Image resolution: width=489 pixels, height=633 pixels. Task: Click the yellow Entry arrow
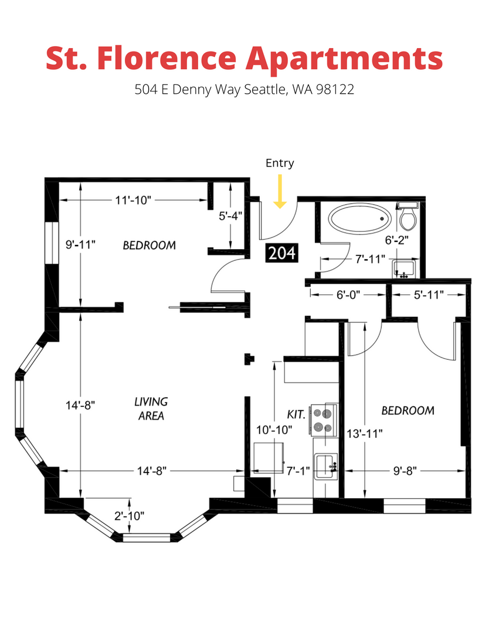(x=280, y=191)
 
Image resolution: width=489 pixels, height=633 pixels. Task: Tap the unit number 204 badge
(x=282, y=253)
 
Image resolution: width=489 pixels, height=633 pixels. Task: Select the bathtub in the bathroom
(x=360, y=219)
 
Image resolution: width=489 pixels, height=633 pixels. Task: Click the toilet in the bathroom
(x=408, y=215)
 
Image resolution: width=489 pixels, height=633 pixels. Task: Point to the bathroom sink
(x=404, y=269)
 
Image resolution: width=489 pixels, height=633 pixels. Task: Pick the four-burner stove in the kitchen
(x=324, y=420)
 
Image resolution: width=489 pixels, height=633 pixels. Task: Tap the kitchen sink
(x=326, y=466)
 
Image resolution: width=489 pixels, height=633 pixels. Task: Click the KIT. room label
(x=296, y=414)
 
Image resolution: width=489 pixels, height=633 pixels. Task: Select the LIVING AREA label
(x=151, y=409)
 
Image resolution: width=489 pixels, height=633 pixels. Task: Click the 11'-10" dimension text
(x=133, y=200)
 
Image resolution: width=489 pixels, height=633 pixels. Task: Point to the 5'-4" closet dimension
(x=230, y=216)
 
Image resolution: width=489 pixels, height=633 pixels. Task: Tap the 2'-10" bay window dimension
(x=129, y=516)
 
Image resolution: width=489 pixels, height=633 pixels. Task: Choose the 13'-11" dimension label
(x=365, y=434)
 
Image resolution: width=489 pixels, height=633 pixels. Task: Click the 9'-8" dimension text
(x=405, y=471)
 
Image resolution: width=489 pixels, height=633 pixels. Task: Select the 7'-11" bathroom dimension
(x=370, y=259)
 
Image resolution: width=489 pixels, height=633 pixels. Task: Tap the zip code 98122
(x=335, y=89)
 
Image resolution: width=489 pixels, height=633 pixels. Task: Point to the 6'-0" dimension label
(x=348, y=295)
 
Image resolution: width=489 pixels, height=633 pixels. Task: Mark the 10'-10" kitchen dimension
(x=274, y=430)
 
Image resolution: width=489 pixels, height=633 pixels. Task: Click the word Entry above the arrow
(x=280, y=163)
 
